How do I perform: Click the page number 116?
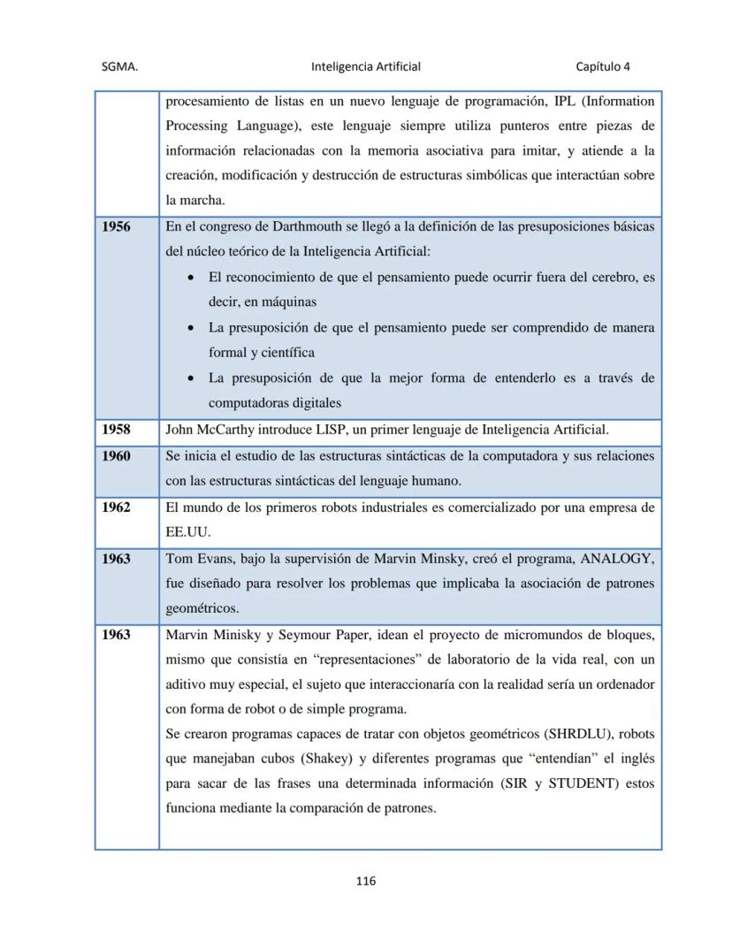pyautogui.click(x=366, y=881)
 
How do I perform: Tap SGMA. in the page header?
pyautogui.click(x=119, y=66)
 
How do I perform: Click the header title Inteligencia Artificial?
pyautogui.click(x=366, y=66)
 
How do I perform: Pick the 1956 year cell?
pyautogui.click(x=116, y=226)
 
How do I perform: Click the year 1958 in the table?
pyautogui.click(x=116, y=430)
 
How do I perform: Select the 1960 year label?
pyautogui.click(x=116, y=456)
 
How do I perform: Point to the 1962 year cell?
pyautogui.click(x=116, y=508)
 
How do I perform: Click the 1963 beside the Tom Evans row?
pyautogui.click(x=116, y=559)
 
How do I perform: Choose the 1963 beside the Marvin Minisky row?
pyautogui.click(x=116, y=634)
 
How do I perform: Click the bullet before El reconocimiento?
pyautogui.click(x=192, y=277)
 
